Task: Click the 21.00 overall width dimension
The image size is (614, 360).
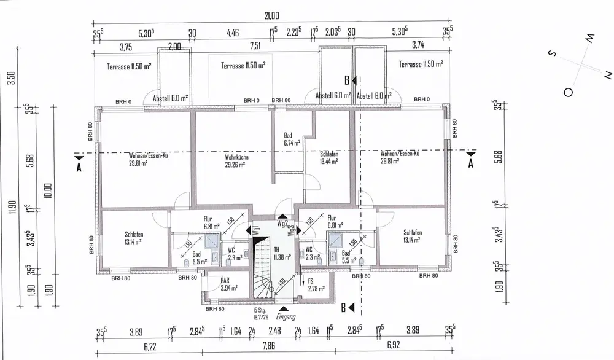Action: pyautogui.click(x=271, y=15)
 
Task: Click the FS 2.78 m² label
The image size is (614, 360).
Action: pyautogui.click(x=316, y=284)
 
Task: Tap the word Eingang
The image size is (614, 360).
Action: pyautogui.click(x=286, y=317)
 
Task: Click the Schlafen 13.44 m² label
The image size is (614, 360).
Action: pyautogui.click(x=330, y=158)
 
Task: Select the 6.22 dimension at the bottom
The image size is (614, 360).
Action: pyautogui.click(x=149, y=347)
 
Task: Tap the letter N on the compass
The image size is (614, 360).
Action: pyautogui.click(x=608, y=74)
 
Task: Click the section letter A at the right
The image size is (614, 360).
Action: pyautogui.click(x=471, y=163)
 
